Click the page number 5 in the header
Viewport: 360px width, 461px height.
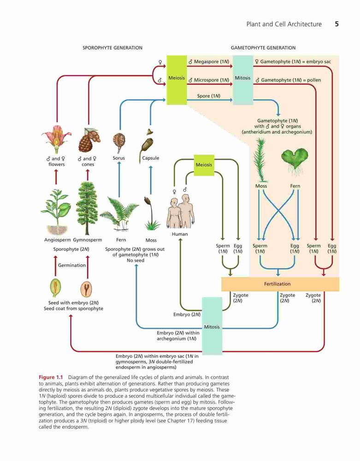point(337,24)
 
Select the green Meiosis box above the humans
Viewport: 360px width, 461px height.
point(204,165)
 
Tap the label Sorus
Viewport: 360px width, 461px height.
point(119,158)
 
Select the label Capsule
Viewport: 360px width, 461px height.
point(150,158)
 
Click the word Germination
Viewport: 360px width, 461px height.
point(72,265)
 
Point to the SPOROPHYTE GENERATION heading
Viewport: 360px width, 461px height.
point(112,48)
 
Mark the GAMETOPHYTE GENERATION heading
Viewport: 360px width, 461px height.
point(263,48)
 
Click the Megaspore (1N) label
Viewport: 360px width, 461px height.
point(209,62)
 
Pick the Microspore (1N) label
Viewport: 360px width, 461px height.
point(209,80)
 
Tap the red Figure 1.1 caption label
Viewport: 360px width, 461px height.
point(51,377)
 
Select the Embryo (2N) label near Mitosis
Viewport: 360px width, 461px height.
point(187,314)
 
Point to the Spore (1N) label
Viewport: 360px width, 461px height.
point(209,96)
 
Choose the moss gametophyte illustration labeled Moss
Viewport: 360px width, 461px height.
point(260,160)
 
